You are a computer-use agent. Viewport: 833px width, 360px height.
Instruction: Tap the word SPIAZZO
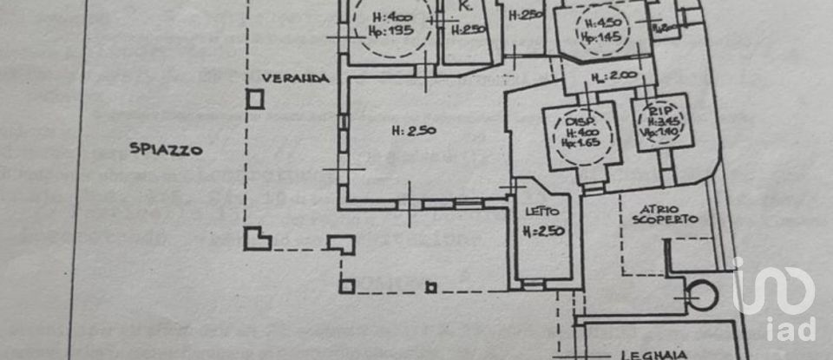pos(166,149)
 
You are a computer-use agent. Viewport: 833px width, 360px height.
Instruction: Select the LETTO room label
pos(541,211)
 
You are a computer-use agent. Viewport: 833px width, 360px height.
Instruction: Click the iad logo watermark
pos(775,299)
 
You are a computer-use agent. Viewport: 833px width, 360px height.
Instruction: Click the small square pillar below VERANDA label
pos(254,99)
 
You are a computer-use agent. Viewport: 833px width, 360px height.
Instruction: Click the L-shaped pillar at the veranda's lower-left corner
pos(256,238)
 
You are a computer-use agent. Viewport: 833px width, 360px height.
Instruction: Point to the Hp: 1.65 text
pos(580,142)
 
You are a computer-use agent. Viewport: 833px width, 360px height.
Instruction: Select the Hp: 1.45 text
pos(603,36)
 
